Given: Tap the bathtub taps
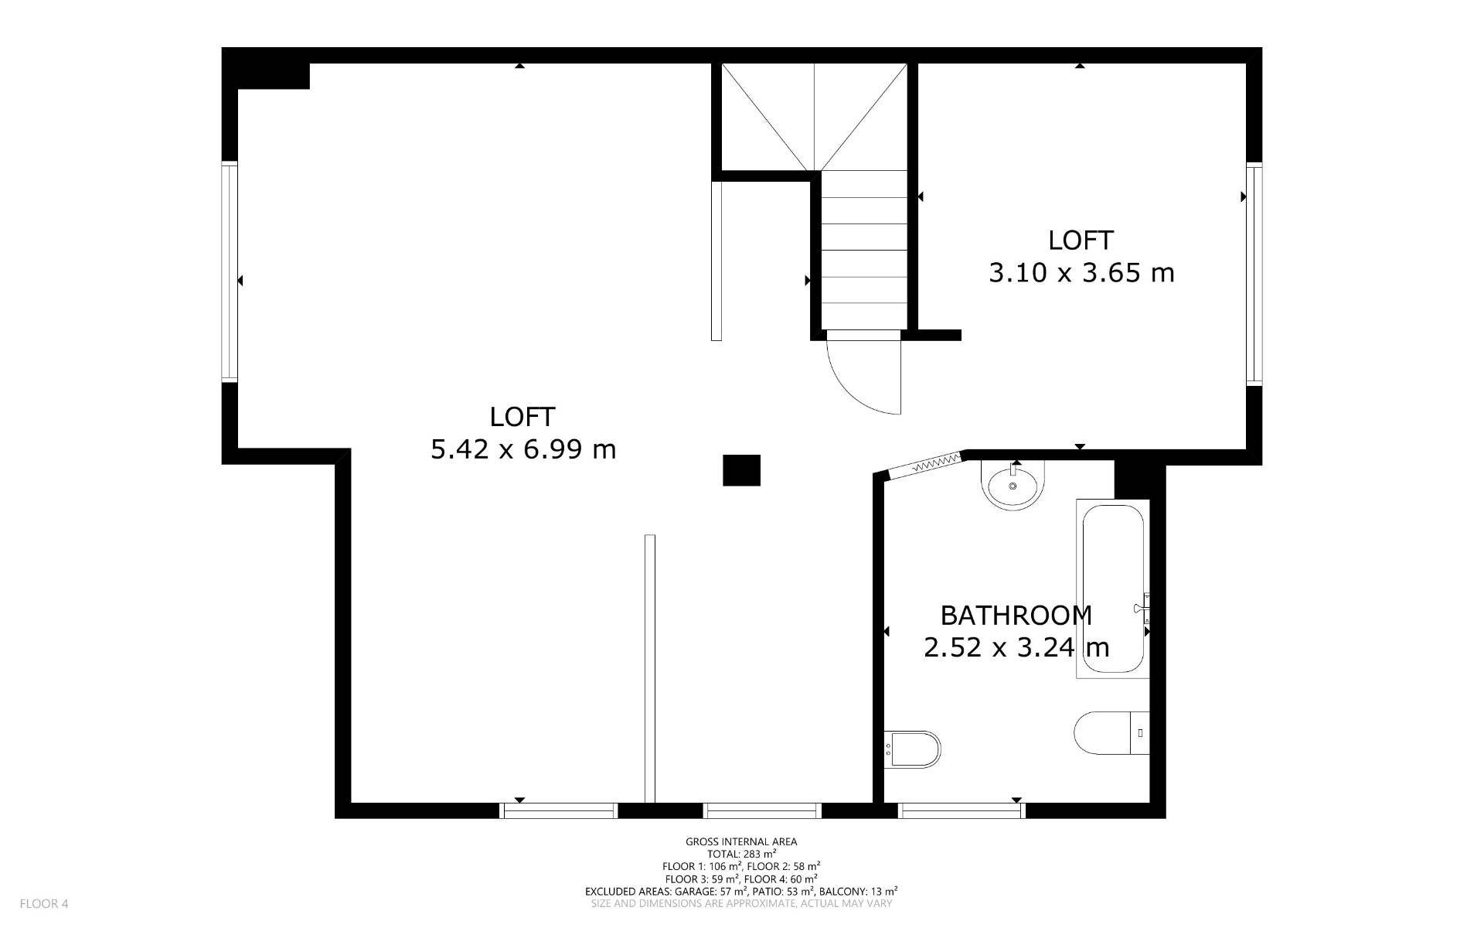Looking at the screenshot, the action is (1143, 609).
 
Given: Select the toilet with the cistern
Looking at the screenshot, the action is (1112, 733).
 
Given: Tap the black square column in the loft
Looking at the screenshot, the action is (741, 470).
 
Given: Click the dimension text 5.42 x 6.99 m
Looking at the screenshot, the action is (523, 449).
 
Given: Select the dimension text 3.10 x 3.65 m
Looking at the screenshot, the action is (1081, 273).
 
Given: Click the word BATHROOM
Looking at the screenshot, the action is (1016, 616).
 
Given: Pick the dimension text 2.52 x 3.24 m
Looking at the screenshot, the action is (1016, 647).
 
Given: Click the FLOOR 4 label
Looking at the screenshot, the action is (44, 903).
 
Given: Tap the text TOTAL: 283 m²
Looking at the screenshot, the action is (741, 854).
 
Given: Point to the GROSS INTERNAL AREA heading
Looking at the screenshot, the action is (741, 841).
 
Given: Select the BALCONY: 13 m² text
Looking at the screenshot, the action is (858, 891).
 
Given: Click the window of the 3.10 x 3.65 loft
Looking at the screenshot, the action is (1254, 274).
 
